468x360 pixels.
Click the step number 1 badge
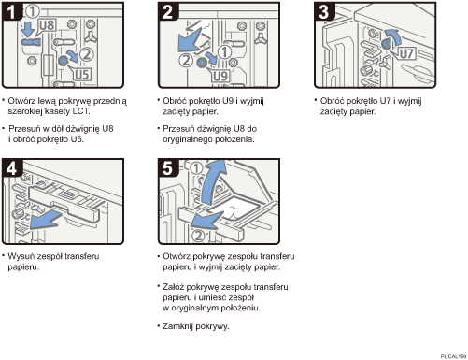click(x=12, y=11)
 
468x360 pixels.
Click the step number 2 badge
click(x=168, y=11)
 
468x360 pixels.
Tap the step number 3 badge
click(x=324, y=11)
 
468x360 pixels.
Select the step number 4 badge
click(x=12, y=167)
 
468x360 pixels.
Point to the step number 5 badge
click(x=168, y=167)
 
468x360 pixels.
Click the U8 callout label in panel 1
click(x=47, y=25)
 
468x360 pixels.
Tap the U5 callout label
click(x=82, y=75)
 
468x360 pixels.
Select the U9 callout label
click(x=220, y=76)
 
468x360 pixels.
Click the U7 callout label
click(x=406, y=53)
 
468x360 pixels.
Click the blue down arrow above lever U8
click(x=29, y=29)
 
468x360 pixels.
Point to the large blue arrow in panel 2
click(x=190, y=40)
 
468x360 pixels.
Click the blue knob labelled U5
click(x=64, y=61)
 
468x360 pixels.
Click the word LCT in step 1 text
click(x=80, y=111)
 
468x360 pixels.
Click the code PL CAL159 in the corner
click(x=453, y=356)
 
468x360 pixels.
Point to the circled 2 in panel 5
click(x=198, y=236)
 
